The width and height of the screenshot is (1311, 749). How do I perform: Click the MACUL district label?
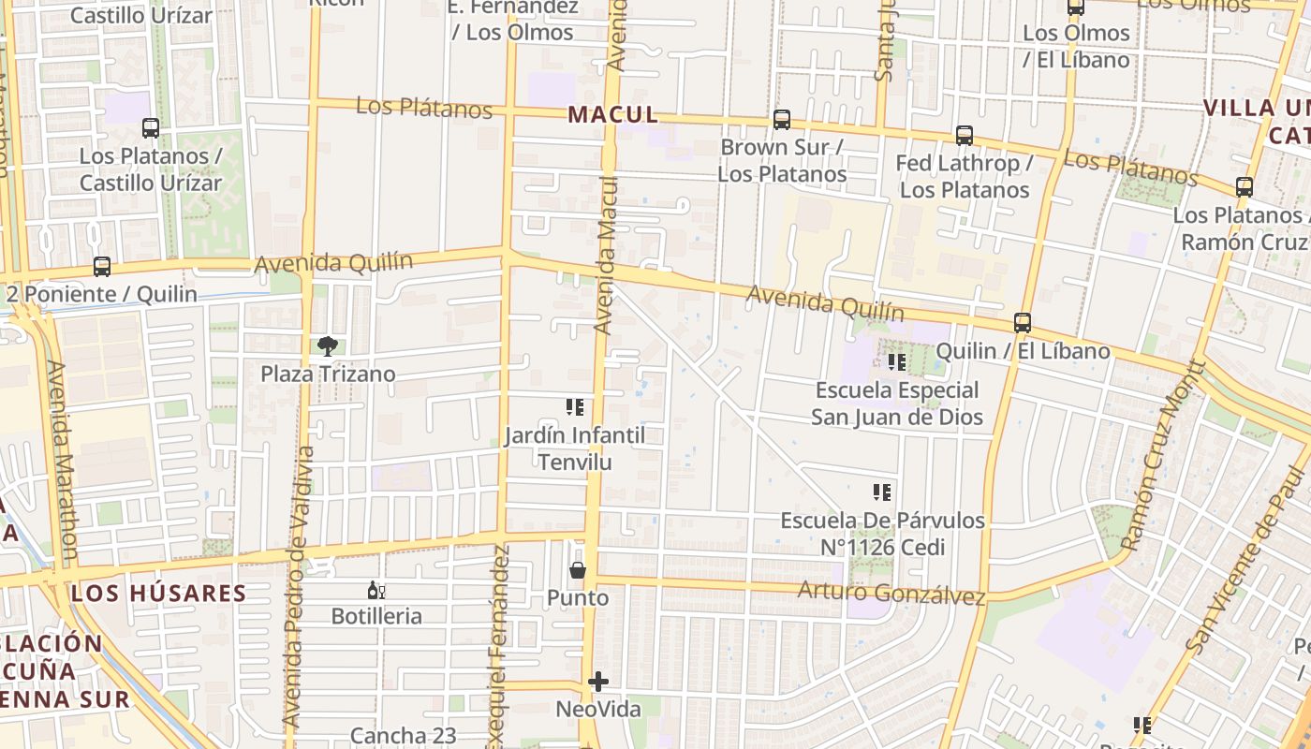click(612, 115)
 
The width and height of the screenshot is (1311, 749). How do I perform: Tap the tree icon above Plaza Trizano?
click(327, 346)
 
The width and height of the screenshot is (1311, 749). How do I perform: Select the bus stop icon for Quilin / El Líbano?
click(1023, 323)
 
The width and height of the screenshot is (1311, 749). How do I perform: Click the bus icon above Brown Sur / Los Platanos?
click(782, 120)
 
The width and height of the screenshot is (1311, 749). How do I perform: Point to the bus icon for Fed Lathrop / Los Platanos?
click(965, 135)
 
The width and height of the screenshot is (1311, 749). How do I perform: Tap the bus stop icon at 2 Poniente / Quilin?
click(102, 267)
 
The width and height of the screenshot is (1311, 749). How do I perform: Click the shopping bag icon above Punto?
click(578, 570)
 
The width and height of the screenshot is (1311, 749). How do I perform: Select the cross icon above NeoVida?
click(598, 682)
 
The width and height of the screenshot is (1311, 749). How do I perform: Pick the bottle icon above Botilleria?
click(376, 590)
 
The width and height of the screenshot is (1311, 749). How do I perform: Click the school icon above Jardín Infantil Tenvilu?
click(575, 407)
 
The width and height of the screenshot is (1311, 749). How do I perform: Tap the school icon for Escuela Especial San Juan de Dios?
click(897, 362)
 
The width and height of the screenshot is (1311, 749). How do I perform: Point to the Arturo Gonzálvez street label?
click(891, 593)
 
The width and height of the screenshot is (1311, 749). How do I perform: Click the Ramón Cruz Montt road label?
click(1157, 455)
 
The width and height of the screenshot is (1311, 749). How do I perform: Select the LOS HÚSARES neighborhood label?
click(158, 593)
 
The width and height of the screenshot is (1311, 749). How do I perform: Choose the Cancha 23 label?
click(404, 736)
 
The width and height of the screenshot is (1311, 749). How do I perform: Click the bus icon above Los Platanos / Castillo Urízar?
click(150, 128)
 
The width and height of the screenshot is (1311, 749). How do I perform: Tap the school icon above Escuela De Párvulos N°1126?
click(881, 492)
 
